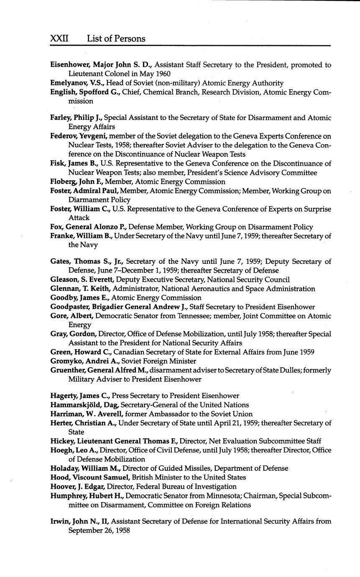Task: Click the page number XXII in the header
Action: pyautogui.click(x=59, y=39)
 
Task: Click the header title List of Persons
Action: pyautogui.click(x=116, y=39)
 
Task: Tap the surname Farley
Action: pyautogui.click(x=61, y=118)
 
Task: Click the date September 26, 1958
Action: pyautogui.click(x=99, y=531)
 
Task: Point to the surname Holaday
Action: pyautogui.click(x=64, y=468)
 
